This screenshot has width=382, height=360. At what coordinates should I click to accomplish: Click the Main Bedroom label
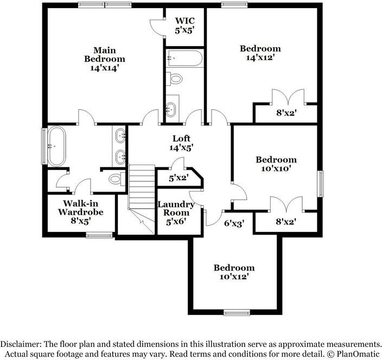[105, 58]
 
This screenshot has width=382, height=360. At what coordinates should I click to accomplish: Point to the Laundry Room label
[176, 209]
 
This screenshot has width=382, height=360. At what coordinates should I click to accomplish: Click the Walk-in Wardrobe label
[80, 212]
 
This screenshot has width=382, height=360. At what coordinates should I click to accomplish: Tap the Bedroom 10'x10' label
[276, 164]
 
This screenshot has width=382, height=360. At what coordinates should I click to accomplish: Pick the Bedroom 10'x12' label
[234, 272]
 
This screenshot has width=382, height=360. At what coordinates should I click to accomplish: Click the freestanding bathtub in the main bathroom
[56, 146]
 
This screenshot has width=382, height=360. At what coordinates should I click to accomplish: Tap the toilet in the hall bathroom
[175, 79]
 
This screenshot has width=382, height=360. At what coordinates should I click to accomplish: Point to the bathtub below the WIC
[184, 57]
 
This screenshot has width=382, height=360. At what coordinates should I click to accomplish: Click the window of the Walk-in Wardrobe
[99, 235]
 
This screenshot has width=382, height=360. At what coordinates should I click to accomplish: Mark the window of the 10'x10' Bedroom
[320, 184]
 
